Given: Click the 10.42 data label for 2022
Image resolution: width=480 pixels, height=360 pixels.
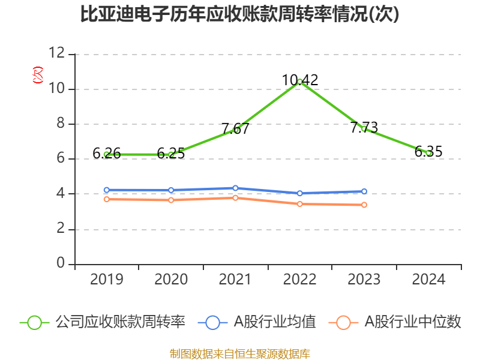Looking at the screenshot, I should click(x=300, y=80).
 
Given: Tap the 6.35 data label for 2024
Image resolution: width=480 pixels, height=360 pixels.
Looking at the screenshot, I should click(x=428, y=152).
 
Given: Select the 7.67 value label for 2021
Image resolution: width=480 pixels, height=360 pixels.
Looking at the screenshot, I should click(x=235, y=128).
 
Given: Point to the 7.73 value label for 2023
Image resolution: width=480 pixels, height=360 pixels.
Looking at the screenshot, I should click(x=364, y=127).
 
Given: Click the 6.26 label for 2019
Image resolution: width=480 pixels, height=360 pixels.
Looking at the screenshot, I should click(x=107, y=154).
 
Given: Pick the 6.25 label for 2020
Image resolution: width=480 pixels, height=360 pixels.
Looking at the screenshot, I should click(x=171, y=154).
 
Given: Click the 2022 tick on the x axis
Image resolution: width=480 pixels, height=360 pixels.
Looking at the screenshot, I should click(x=300, y=279).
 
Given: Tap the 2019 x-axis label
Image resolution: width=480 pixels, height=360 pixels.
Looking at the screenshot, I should click(x=107, y=279).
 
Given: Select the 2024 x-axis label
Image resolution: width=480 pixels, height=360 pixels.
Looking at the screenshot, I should click(x=428, y=279).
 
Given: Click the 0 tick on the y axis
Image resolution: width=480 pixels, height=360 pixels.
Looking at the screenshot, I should click(x=61, y=264).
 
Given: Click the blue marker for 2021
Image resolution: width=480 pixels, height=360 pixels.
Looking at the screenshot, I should click(x=235, y=188).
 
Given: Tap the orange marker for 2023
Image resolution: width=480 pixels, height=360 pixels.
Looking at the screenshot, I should click(x=364, y=205).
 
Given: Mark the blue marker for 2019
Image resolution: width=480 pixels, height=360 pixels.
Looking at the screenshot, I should click(x=107, y=190).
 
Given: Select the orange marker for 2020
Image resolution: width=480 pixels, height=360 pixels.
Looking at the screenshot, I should click(x=171, y=200).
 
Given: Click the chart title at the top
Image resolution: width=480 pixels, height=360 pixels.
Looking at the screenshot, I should click(x=240, y=14).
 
